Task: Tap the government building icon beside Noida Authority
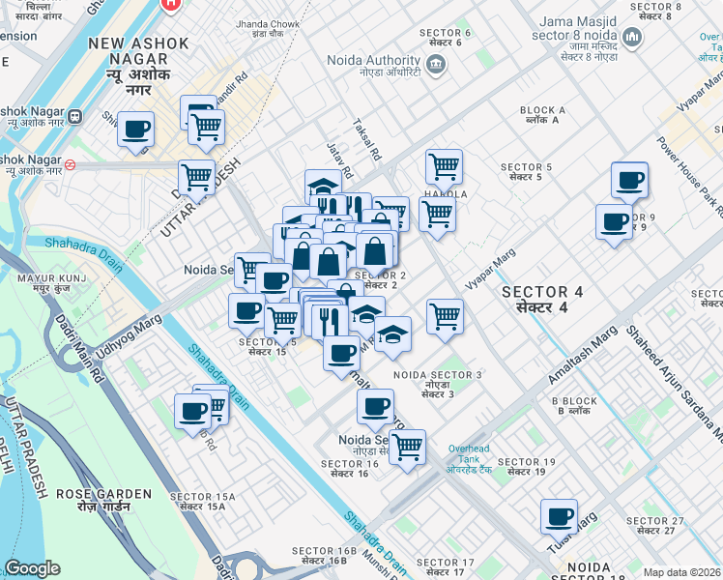click(x=435, y=66)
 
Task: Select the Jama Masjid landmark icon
click(x=633, y=39)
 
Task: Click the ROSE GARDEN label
click(x=103, y=501)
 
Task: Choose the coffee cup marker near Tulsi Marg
click(x=559, y=516)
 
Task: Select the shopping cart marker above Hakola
click(x=444, y=165)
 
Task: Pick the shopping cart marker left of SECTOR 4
click(x=445, y=315)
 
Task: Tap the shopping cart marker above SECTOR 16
click(x=408, y=447)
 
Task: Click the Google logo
click(x=32, y=567)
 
